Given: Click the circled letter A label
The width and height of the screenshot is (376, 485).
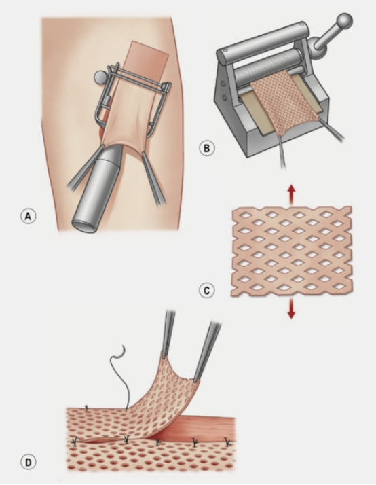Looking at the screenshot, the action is tap(28, 216).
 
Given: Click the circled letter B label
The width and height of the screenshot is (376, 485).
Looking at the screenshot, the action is tap(206, 148).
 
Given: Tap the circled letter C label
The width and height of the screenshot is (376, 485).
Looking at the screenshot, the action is tap(207, 291).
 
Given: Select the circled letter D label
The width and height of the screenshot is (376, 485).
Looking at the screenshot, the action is tap(28, 462).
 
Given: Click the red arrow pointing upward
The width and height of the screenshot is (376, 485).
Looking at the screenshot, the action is tap(291, 194).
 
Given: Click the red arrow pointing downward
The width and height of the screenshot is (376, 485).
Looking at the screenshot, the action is tap(291, 308).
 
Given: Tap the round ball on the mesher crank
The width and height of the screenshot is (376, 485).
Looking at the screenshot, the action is tap(344, 21).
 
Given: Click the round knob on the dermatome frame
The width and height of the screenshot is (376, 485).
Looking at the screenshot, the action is tap(100, 76).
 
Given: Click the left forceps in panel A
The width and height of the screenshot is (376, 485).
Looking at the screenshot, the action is tap(85, 168).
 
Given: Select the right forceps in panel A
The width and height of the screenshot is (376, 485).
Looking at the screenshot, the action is tap(154, 178).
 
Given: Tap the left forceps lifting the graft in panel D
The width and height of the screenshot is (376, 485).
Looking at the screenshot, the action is tap(168, 334).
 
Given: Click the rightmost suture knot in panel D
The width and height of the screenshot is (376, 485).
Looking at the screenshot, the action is tap(227, 442).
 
